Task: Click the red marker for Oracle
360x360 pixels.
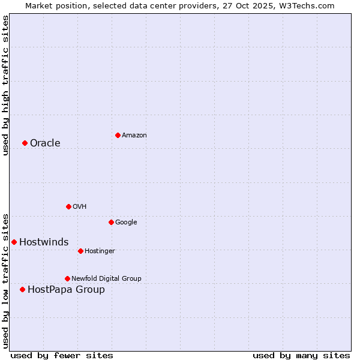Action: click(25, 143)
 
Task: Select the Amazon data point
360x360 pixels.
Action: click(118, 135)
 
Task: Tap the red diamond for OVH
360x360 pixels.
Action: click(68, 206)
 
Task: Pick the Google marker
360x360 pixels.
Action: click(111, 222)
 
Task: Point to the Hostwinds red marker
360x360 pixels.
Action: click(14, 242)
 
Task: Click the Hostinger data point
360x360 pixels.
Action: click(80, 251)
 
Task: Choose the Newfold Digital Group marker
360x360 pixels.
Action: click(67, 278)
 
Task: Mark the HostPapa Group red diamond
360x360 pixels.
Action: click(22, 289)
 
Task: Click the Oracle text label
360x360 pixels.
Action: click(45, 143)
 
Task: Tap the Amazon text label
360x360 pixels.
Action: click(134, 135)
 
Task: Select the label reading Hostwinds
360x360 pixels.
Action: click(44, 242)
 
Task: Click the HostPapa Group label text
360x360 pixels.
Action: click(66, 289)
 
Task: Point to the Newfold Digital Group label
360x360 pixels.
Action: click(106, 278)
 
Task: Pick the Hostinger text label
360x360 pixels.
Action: click(100, 251)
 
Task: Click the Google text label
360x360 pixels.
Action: click(126, 222)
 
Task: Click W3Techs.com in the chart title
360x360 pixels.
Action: click(310, 5)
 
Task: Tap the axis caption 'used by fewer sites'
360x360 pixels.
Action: click(62, 355)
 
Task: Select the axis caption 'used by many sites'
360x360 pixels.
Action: click(301, 355)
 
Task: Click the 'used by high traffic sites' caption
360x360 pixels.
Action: click(5, 85)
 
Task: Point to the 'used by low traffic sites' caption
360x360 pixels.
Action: click(5, 280)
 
